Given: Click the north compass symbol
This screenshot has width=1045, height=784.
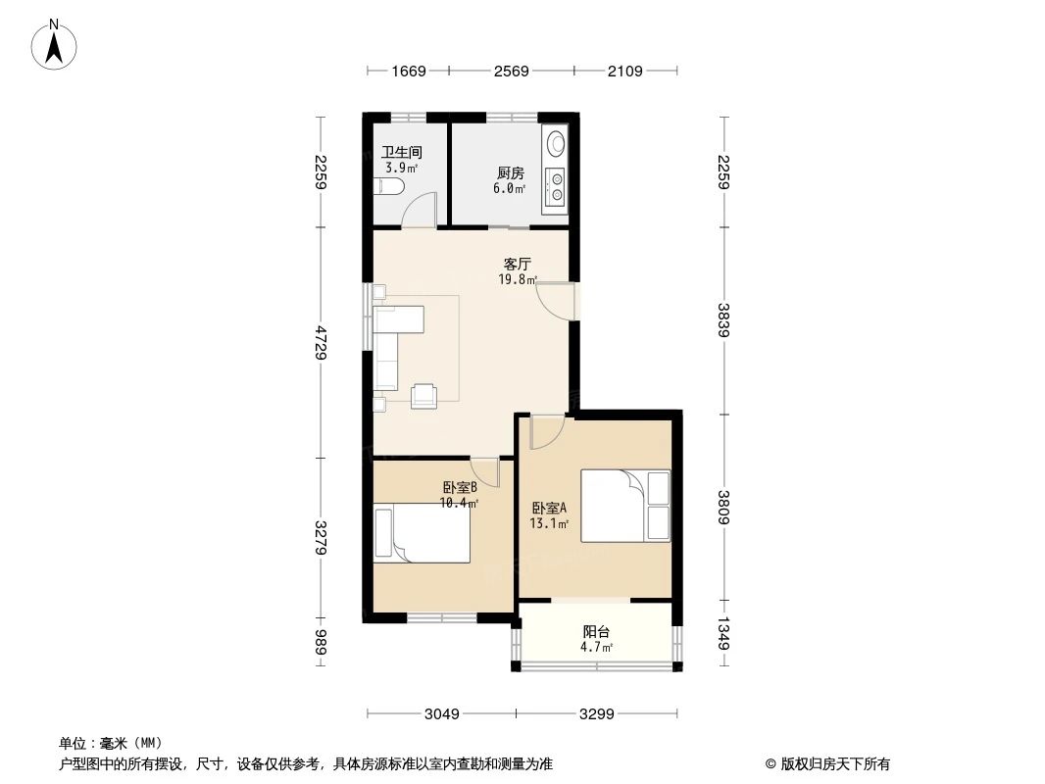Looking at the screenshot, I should pos(56,44).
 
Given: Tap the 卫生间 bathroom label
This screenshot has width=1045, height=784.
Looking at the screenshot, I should pos(401,153).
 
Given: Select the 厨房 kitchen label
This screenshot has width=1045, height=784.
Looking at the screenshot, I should pos(510,173).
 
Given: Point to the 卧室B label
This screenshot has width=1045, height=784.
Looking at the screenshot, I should pos(459,487).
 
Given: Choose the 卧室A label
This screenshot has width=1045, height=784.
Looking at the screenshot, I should pos(550,509).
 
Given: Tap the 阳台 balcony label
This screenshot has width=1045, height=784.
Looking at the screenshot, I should pos(596,632).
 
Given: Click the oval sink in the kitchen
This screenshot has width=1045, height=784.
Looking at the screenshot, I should pos(556,143).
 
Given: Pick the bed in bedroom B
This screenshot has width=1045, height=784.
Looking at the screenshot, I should pos(423,534).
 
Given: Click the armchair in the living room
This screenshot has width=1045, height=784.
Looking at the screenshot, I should pos(425,394).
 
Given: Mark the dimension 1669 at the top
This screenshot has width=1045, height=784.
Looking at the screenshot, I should pos(408,71).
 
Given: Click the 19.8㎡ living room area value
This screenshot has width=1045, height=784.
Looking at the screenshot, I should pos(517,279).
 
